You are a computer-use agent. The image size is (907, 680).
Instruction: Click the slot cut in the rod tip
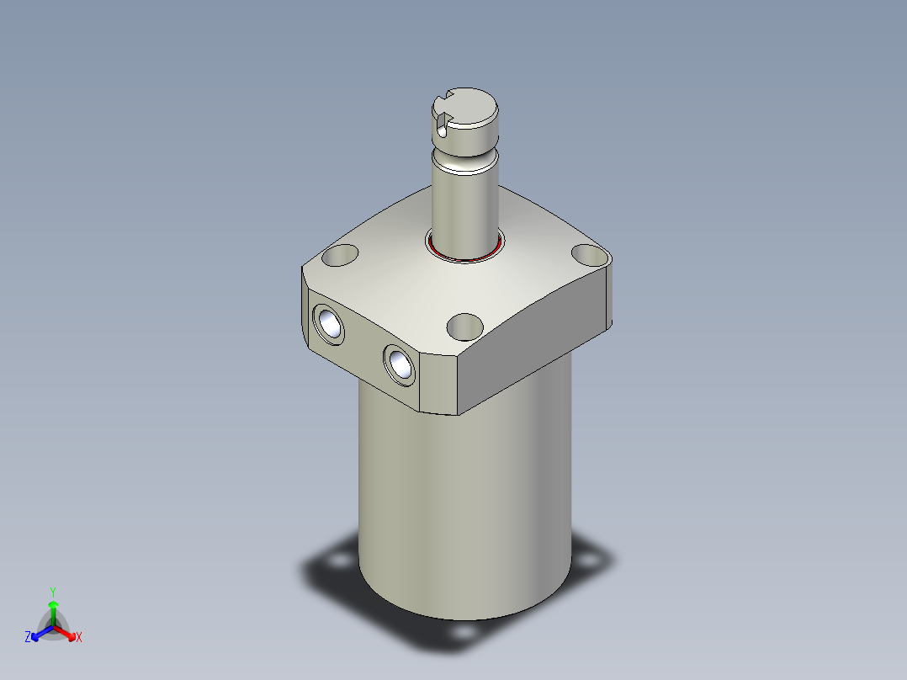click(x=443, y=118)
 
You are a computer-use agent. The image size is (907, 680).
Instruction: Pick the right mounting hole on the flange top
click(x=589, y=253)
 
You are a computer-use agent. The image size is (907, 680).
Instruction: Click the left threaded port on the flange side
click(x=328, y=323)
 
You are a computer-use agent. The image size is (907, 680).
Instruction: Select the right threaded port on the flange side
click(x=398, y=364)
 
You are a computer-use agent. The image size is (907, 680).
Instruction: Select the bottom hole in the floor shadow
click(x=462, y=631)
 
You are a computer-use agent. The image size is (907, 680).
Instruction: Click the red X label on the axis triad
click(x=78, y=638)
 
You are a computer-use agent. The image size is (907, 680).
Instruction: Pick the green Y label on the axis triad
click(x=53, y=592)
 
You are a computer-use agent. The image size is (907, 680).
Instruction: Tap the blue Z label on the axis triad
click(x=28, y=638)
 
